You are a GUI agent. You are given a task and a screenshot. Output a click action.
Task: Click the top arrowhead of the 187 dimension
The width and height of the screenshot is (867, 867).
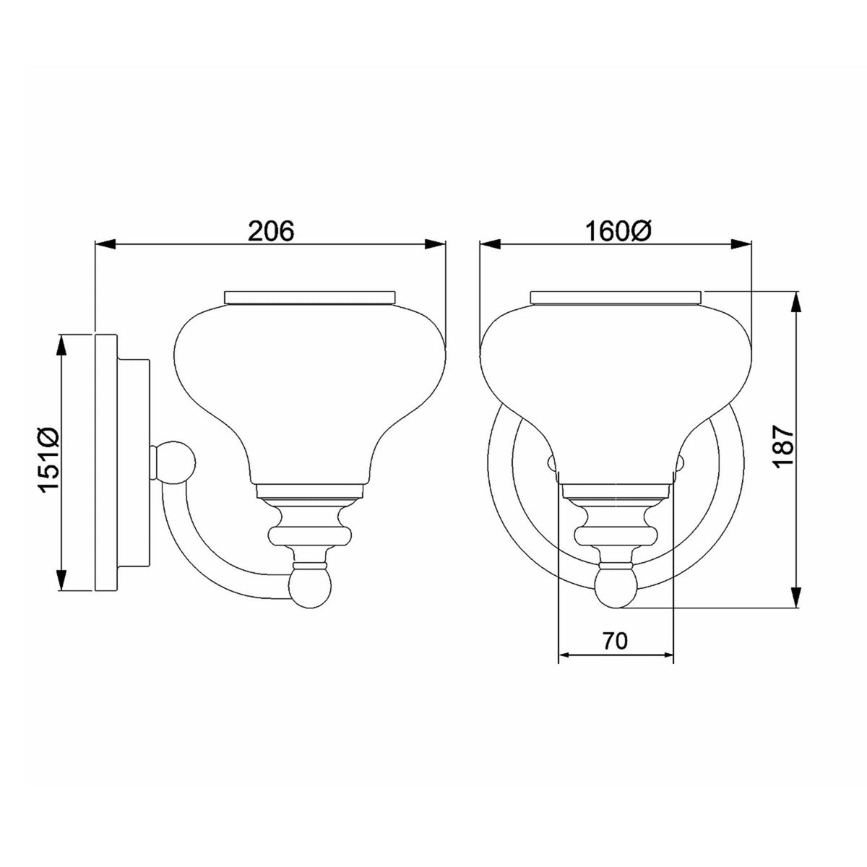pyautogui.click(x=797, y=303)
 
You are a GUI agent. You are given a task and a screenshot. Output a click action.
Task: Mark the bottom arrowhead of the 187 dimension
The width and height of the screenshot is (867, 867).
pyautogui.click(x=797, y=597)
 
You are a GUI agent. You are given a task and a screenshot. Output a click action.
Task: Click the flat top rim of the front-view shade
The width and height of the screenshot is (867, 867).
pyautogui.click(x=616, y=296)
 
